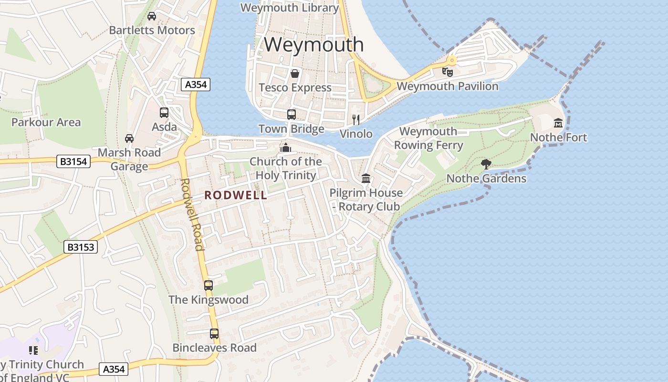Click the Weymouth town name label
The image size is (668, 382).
pyautogui.click(x=313, y=44)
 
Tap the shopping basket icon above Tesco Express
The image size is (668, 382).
pyautogui.click(x=295, y=74)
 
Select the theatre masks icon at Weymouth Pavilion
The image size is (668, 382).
pyautogui.click(x=447, y=72)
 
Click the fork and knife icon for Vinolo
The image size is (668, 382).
pyautogui.click(x=356, y=119)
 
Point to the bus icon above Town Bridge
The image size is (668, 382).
pyautogui.click(x=292, y=115)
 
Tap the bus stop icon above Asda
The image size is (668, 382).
pyautogui.click(x=164, y=113)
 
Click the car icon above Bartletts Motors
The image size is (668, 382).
pyautogui.click(x=152, y=16)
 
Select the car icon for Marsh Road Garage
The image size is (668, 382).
pyautogui.click(x=129, y=138)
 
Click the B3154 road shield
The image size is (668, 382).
pyautogui.click(x=73, y=161)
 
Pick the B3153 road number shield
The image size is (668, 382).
pyautogui.click(x=81, y=247)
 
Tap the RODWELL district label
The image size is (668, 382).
pyautogui.click(x=236, y=195)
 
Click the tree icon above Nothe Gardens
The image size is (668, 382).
pyautogui.click(x=486, y=165)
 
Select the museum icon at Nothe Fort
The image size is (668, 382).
pyautogui.click(x=558, y=123)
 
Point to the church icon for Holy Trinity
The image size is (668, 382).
pyautogui.click(x=286, y=148)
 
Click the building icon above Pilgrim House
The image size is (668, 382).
pyautogui.click(x=366, y=179)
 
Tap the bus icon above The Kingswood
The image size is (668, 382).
pyautogui.click(x=209, y=286)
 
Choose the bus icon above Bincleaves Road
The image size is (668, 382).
pyautogui.click(x=214, y=333)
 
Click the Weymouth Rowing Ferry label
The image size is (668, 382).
pyautogui.click(x=428, y=138)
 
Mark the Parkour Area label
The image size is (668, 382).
pyautogui.click(x=46, y=122)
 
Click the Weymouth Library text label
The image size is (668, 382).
pyautogui.click(x=290, y=8)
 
